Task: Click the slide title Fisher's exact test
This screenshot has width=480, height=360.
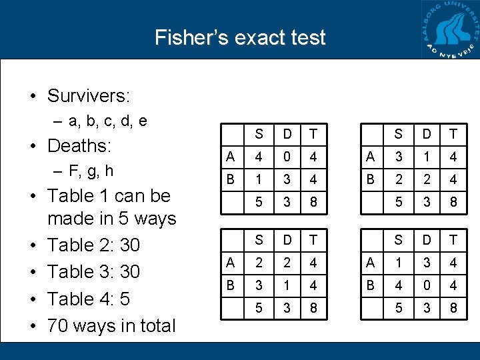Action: click(240, 37)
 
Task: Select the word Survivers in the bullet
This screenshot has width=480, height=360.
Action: click(88, 96)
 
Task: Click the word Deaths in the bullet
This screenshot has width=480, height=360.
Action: click(79, 145)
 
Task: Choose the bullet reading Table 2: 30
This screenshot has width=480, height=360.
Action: click(93, 245)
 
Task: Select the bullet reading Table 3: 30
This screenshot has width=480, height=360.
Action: click(93, 272)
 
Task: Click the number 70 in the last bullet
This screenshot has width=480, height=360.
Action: click(57, 326)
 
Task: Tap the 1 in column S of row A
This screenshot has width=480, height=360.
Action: click(398, 263)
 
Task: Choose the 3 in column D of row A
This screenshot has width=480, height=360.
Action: click(425, 263)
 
